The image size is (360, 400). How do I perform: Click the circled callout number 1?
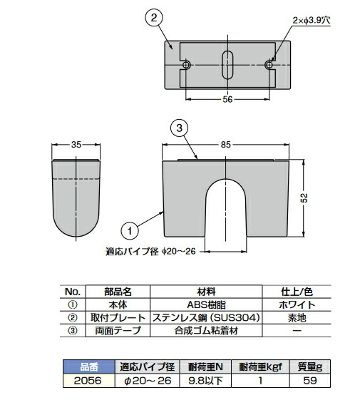[129, 230]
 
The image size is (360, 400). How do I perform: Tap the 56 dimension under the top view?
[227, 101]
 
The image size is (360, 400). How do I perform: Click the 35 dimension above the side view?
[76, 145]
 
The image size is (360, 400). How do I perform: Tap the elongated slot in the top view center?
[227, 65]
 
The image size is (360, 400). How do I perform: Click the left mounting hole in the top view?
[187, 65]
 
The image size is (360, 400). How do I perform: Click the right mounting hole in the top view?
[269, 65]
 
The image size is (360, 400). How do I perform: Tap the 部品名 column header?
[116, 290]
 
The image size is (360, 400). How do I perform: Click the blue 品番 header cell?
[89, 367]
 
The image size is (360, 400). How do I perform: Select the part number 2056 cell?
[89, 381]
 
